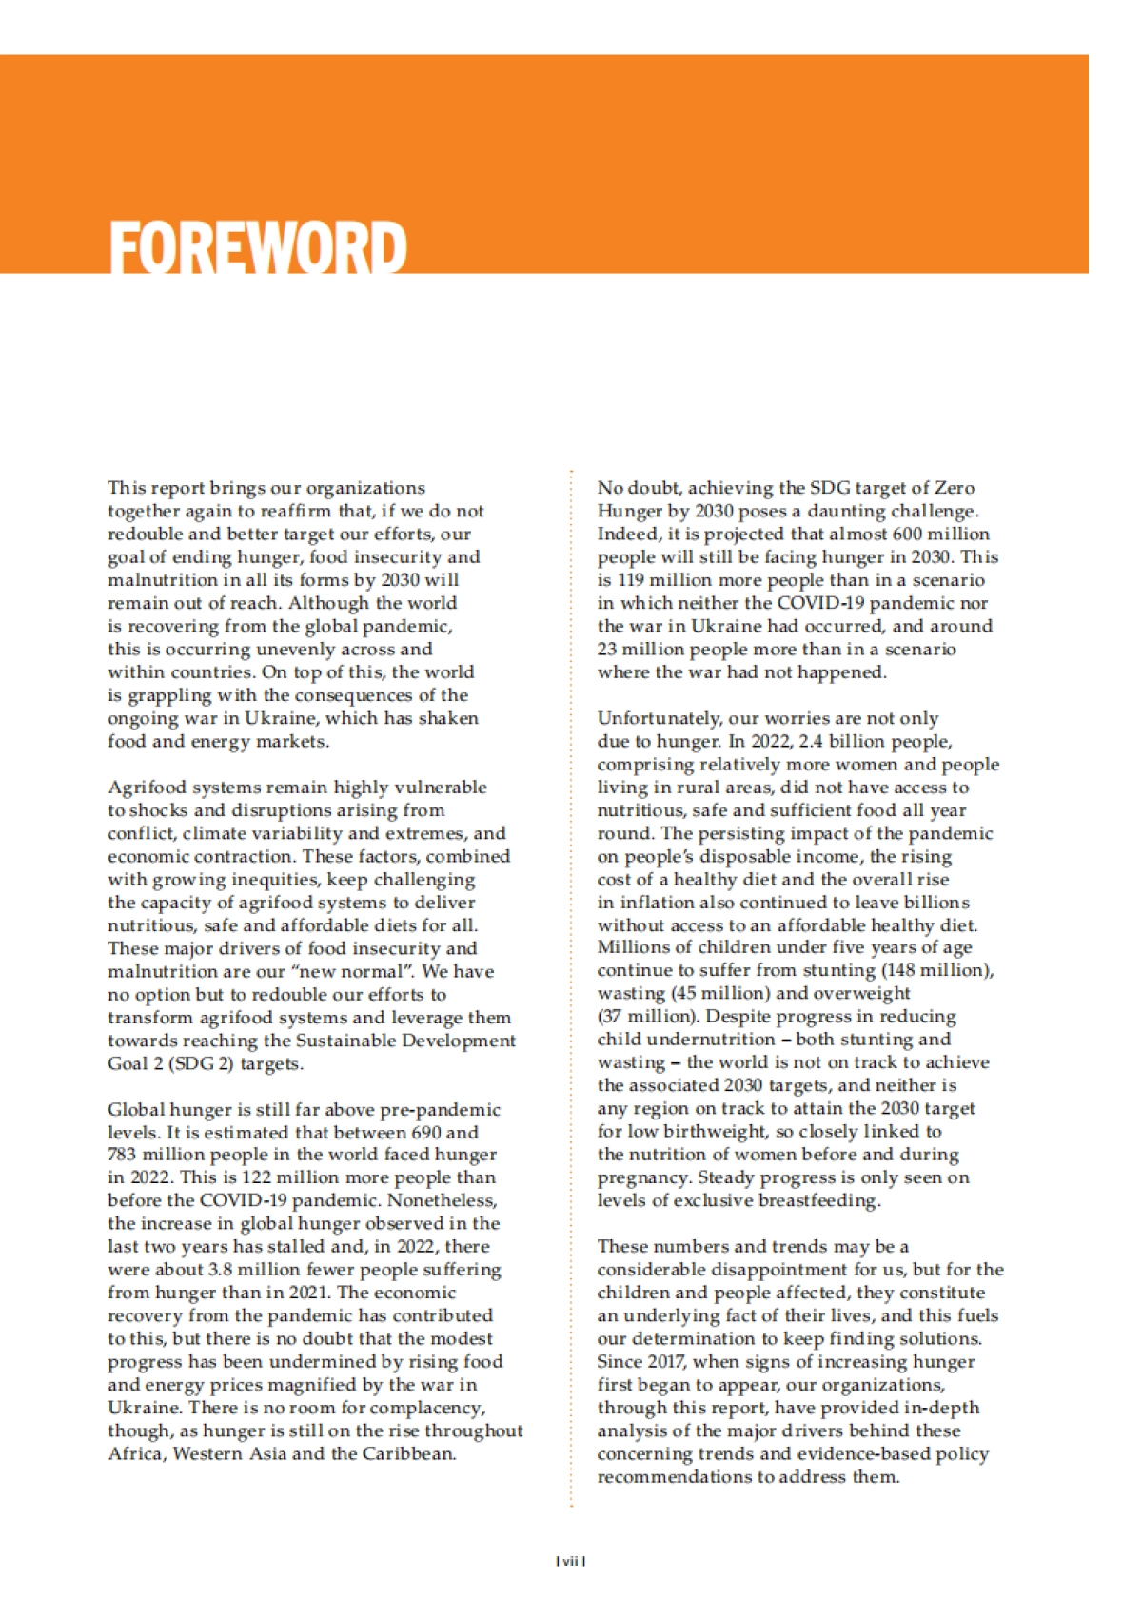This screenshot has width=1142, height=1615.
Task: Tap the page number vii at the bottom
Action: click(x=570, y=1561)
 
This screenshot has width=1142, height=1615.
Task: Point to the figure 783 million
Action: click(x=153, y=1155)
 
